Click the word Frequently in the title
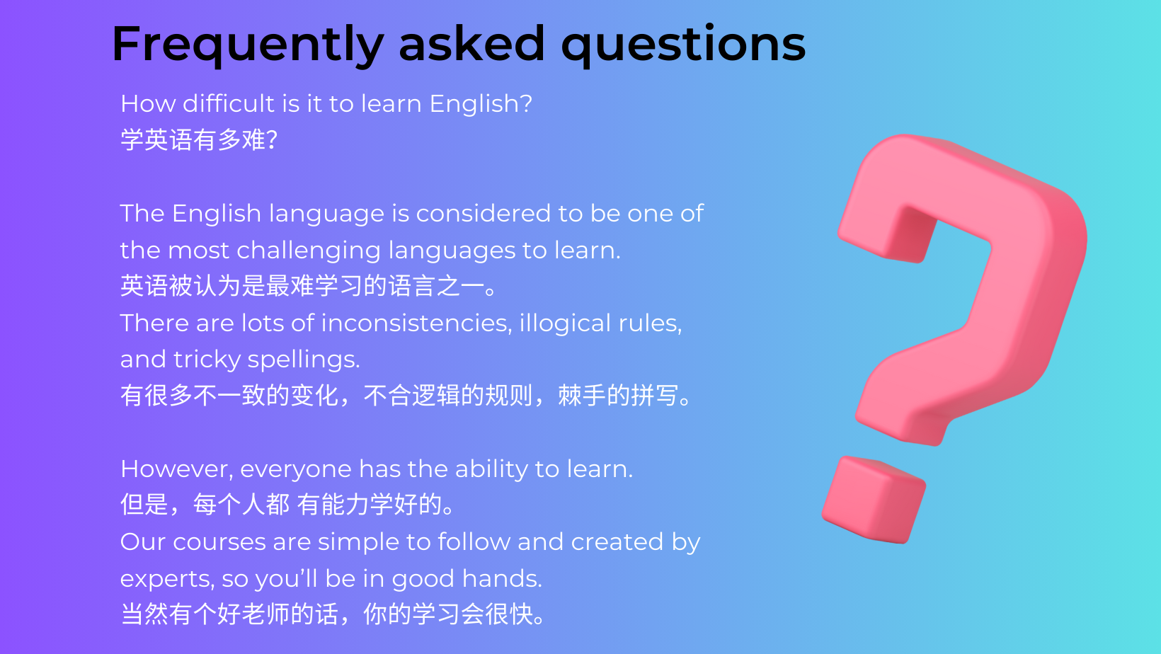coord(248,45)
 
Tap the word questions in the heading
coord(683,45)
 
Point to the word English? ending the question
coord(481,104)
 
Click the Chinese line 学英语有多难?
coord(199,140)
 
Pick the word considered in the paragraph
coord(483,213)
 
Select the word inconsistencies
coord(416,323)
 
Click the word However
coord(176,469)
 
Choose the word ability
coord(491,469)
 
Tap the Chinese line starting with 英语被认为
coord(309,286)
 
